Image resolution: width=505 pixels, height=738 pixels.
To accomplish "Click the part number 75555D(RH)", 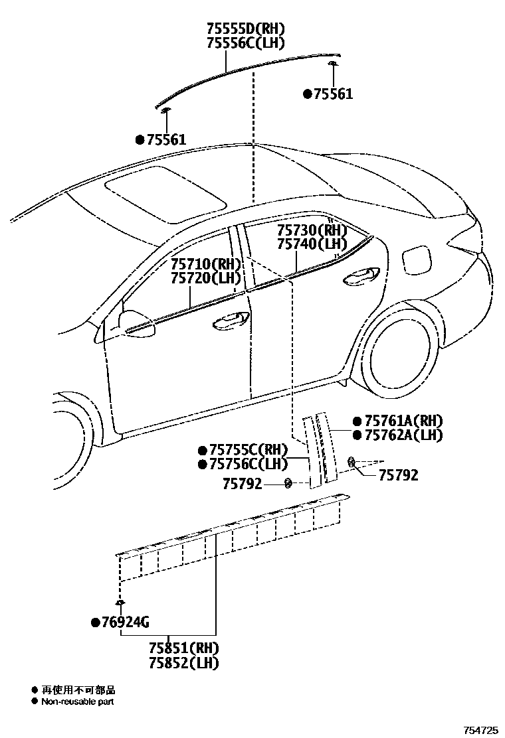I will (x=245, y=29).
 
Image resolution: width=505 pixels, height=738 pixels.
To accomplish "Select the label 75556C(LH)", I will (x=245, y=43).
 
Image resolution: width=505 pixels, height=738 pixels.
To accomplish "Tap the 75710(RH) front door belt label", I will (x=205, y=263).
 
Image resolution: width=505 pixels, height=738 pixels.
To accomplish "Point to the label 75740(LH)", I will (x=312, y=244).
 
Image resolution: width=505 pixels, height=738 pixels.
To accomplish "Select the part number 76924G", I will (x=124, y=623).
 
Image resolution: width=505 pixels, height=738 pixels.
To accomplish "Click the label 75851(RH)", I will (x=184, y=648).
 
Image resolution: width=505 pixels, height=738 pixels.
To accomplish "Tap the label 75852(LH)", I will (x=184, y=662).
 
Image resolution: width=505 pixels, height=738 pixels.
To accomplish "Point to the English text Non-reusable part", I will (x=78, y=701).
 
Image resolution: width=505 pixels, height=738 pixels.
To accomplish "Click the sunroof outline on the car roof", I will (x=166, y=192).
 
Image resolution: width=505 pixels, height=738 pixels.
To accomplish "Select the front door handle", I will (x=231, y=321).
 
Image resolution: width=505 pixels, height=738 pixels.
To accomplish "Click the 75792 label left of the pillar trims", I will (x=243, y=484).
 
